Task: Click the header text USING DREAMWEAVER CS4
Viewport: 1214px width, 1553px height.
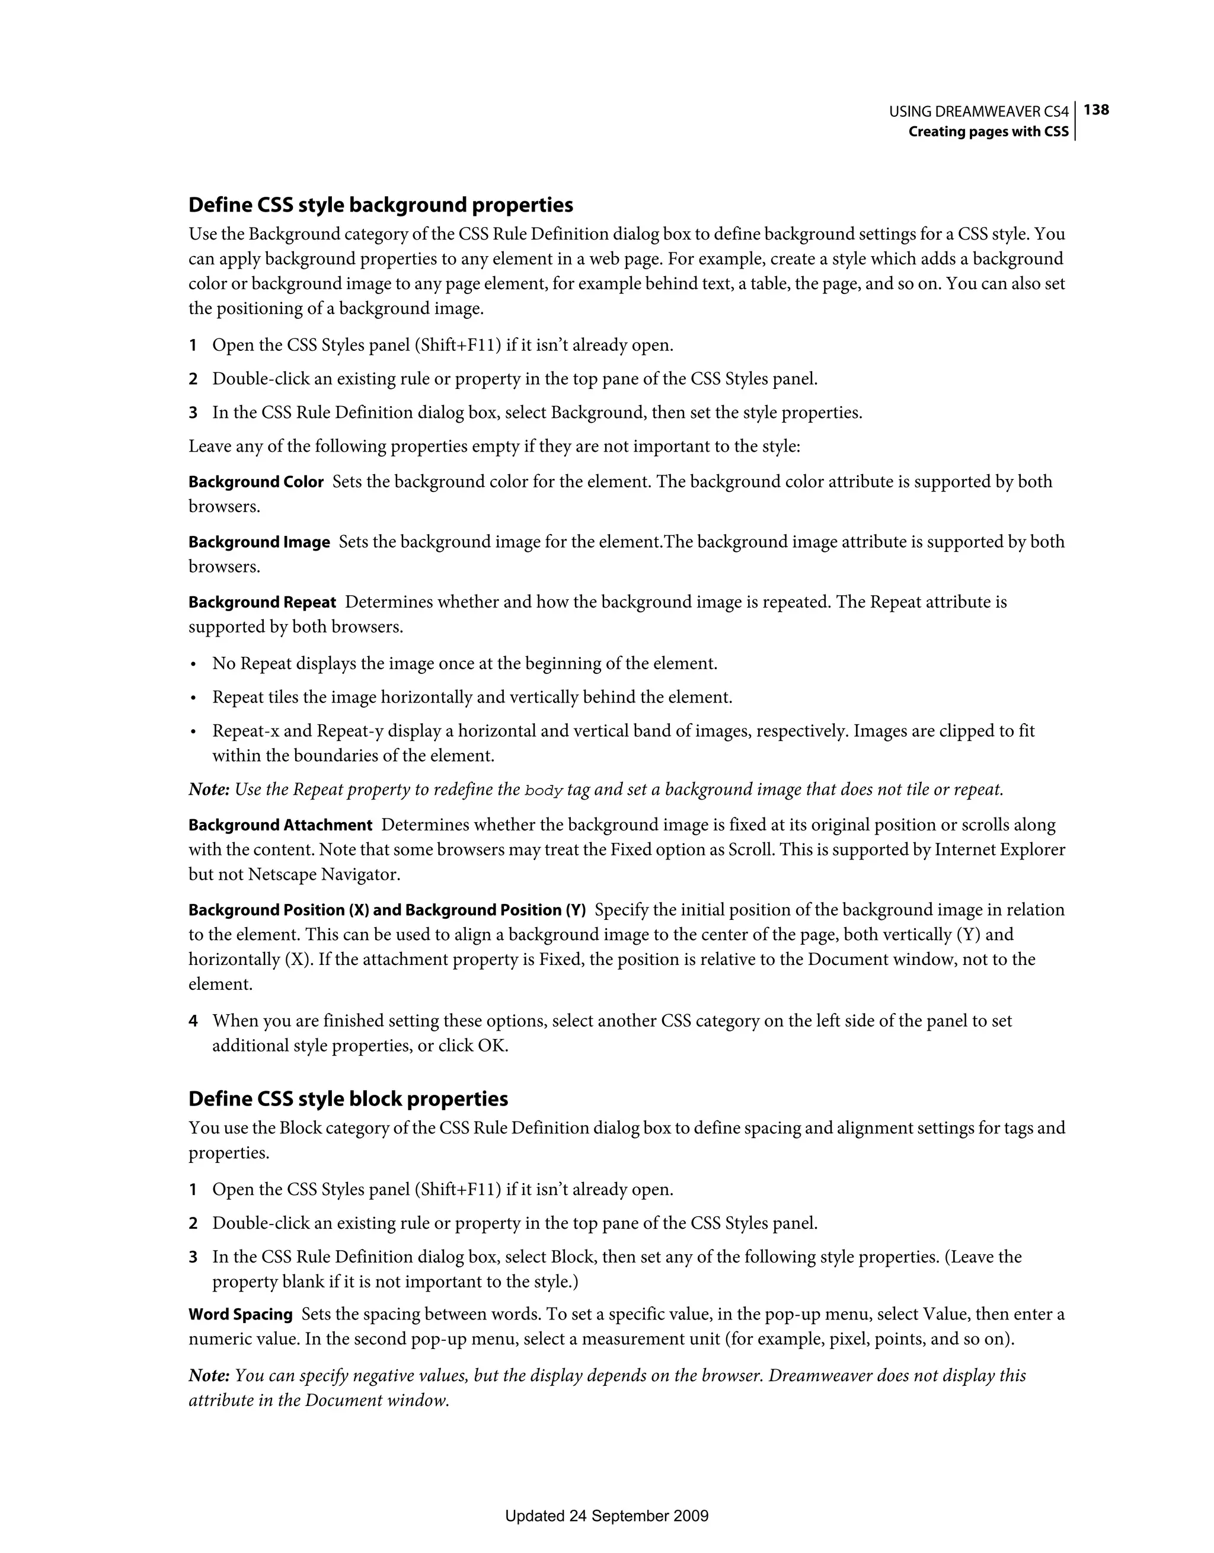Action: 979,111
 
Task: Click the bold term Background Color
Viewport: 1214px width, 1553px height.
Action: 256,482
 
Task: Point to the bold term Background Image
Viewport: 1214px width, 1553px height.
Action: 259,542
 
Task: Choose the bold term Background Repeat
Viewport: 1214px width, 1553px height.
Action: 262,602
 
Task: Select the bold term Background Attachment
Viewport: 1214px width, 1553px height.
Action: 280,825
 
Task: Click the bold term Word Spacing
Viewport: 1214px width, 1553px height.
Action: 241,1314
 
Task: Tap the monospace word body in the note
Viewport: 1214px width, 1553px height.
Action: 544,790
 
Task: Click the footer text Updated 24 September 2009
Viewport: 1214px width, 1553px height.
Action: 606,1516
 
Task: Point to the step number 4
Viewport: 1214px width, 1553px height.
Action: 193,1021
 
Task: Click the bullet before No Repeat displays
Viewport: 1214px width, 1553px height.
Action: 193,665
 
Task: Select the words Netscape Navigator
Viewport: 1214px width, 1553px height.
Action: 324,875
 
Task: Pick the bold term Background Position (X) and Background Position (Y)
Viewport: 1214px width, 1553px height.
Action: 387,910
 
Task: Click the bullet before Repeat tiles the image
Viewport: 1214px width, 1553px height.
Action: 193,698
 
